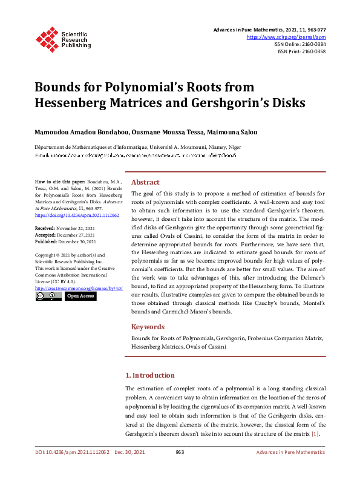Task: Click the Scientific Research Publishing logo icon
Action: (x=46, y=38)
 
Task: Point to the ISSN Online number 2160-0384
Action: (x=312, y=44)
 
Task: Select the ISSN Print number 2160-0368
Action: (x=312, y=51)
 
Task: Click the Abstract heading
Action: (x=145, y=182)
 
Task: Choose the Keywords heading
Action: (x=148, y=326)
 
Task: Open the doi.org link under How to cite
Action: (x=77, y=215)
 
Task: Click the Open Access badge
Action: (x=80, y=296)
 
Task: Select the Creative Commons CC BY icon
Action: (x=48, y=296)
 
